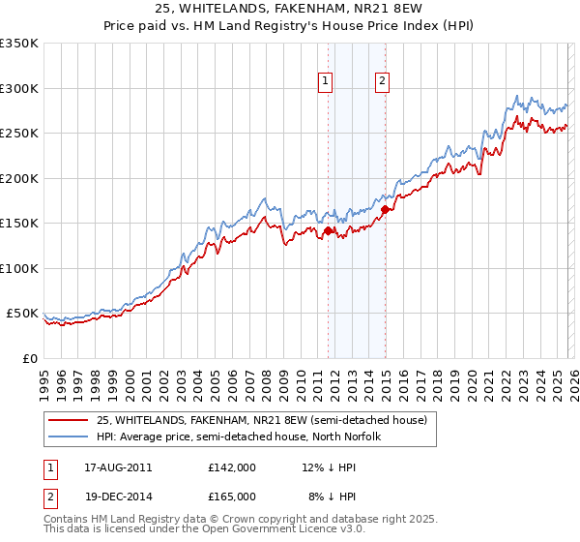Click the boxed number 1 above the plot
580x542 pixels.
pos(326,82)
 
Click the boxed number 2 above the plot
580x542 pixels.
pos(383,82)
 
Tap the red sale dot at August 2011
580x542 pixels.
pos(328,230)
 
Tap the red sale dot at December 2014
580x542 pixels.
pos(385,209)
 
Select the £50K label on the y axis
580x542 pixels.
pos(22,314)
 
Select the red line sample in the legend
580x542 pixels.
pos(68,420)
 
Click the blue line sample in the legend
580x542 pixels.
pos(68,437)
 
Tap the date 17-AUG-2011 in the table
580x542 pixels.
pos(113,467)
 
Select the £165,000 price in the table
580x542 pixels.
pos(232,496)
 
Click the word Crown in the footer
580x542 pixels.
pos(227,520)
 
